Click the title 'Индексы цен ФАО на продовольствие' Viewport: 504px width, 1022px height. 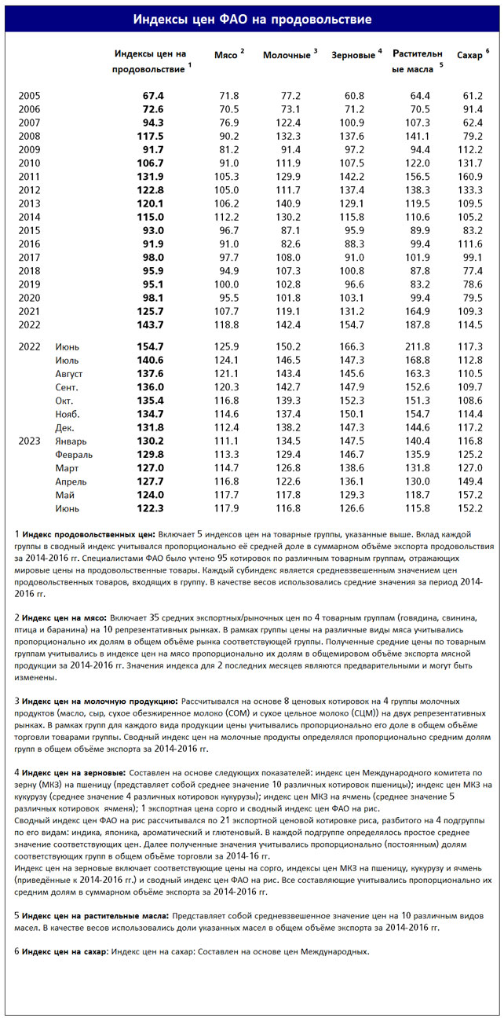coord(251,19)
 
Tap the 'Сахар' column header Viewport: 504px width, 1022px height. coord(469,55)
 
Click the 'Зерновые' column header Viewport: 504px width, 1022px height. coord(352,55)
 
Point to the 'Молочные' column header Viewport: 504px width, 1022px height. coord(287,55)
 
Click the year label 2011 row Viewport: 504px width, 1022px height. coord(29,176)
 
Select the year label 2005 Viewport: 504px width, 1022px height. coord(29,95)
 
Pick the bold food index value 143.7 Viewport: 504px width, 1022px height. coord(150,324)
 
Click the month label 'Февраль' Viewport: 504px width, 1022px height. coord(74,454)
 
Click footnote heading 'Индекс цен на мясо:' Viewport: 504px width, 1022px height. coord(65,618)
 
